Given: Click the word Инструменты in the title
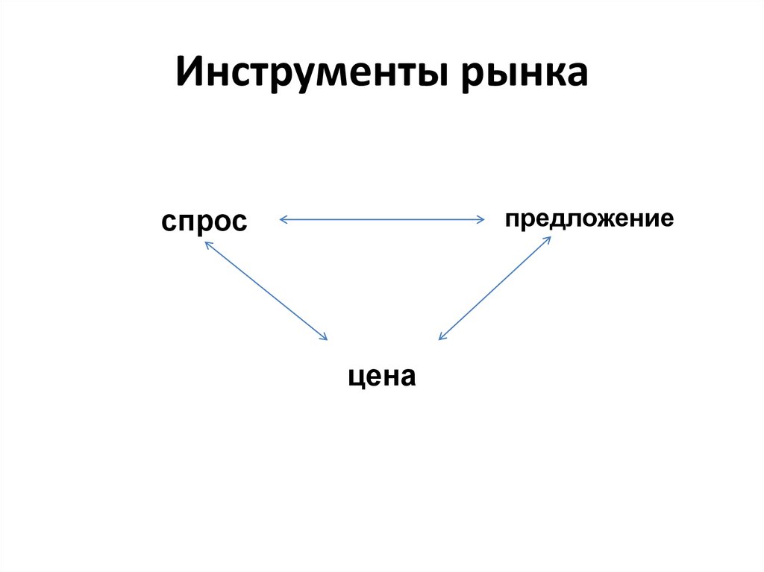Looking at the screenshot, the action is click(313, 74).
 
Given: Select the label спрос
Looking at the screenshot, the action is click(204, 221).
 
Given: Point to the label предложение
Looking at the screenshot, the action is click(589, 219).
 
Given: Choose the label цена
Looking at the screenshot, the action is click(381, 376).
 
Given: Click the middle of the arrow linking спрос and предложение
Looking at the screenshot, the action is click(382, 219).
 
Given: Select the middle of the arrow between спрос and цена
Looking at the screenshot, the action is click(265, 291).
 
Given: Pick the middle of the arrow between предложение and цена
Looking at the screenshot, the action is click(495, 289).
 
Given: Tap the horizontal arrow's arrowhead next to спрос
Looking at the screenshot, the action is click(282, 219).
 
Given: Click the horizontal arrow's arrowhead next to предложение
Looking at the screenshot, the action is click(481, 219).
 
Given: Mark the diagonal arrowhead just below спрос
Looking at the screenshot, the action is click(206, 245).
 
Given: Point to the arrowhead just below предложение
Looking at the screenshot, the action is click(548, 239).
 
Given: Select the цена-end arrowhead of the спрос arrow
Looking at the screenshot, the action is click(324, 338).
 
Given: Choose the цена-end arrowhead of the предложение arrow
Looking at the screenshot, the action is click(441, 338).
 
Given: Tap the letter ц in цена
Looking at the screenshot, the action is click(356, 377).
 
